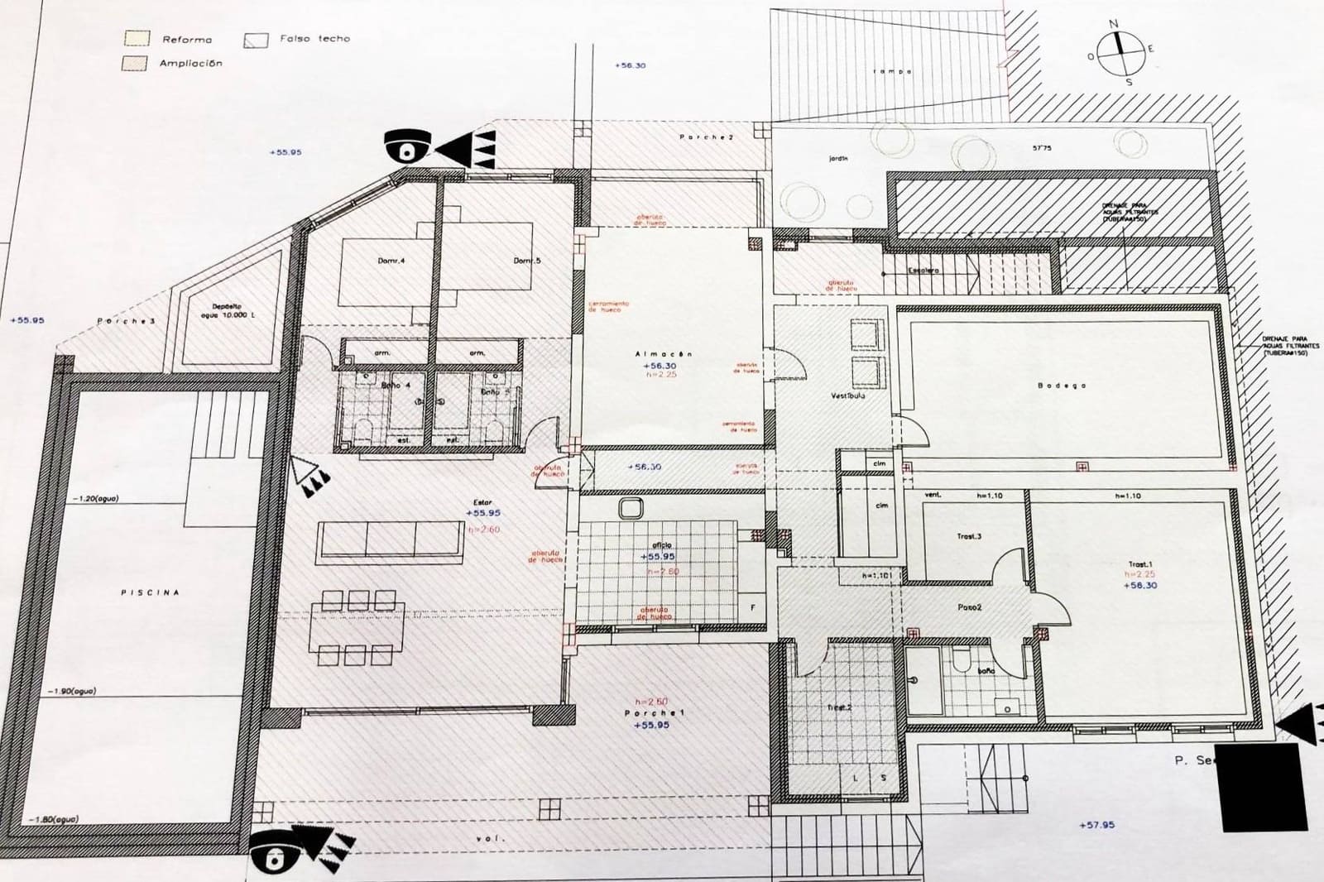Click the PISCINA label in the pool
(x=150, y=592)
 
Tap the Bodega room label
(x=1062, y=386)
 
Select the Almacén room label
(x=664, y=354)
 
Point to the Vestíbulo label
(x=848, y=395)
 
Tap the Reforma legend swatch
(x=137, y=38)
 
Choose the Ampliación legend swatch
(x=135, y=63)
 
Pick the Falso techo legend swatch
(x=256, y=39)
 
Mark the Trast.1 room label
(x=1142, y=565)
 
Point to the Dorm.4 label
(x=391, y=261)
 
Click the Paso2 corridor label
(x=969, y=607)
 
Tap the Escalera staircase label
(x=923, y=271)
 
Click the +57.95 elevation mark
(x=1096, y=825)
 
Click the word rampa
(x=892, y=72)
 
